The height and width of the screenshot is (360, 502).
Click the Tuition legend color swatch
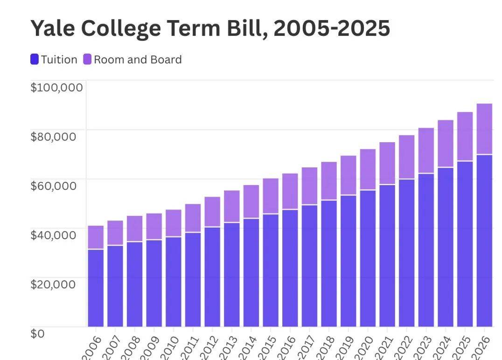tap(35, 60)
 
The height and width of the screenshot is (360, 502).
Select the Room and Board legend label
tap(138, 60)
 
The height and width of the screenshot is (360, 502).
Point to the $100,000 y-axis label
tap(56, 87)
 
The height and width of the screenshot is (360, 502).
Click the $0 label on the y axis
tap(38, 333)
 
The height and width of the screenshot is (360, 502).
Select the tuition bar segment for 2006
tap(96, 288)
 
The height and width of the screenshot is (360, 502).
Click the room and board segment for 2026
tap(484, 129)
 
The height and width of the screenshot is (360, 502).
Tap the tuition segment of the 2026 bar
tap(484, 240)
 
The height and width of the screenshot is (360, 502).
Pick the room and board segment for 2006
tap(96, 237)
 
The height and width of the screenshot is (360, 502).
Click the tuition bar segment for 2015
tap(271, 270)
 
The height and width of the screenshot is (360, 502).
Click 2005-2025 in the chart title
tap(332, 29)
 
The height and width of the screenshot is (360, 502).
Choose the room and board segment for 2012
tap(212, 212)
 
